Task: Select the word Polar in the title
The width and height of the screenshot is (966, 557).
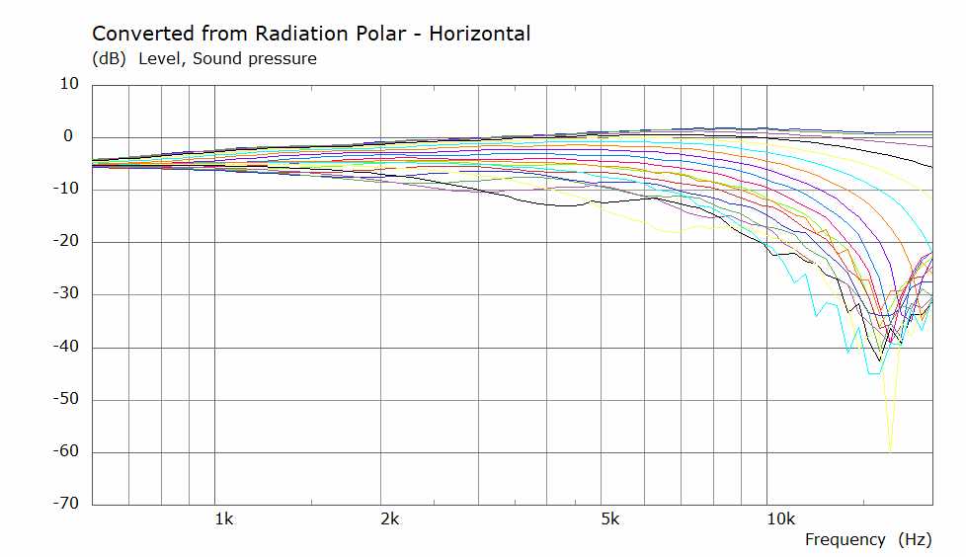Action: (381, 34)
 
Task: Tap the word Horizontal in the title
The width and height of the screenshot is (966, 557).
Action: (479, 34)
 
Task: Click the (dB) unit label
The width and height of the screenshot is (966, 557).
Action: (109, 59)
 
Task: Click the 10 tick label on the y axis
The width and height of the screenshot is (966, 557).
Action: (69, 84)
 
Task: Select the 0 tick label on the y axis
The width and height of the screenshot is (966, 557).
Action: (68, 136)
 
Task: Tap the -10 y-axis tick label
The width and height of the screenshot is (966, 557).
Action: (66, 189)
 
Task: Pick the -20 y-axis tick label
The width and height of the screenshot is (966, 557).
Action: (66, 241)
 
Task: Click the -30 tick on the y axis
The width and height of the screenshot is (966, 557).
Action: (66, 293)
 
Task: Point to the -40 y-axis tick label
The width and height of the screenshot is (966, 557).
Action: (66, 347)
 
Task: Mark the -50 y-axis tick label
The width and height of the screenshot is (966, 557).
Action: (66, 399)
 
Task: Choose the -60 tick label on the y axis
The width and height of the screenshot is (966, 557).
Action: (66, 451)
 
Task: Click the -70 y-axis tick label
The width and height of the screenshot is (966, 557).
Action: (66, 504)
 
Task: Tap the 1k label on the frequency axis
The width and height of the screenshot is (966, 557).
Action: (224, 519)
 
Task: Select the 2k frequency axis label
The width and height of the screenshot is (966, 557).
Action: (390, 519)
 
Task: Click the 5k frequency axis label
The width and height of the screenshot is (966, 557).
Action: (609, 519)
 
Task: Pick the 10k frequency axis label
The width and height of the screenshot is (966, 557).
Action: (780, 519)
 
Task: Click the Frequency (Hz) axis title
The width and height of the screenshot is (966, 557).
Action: (868, 540)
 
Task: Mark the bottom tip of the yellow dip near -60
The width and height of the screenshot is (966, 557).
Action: (890, 451)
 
